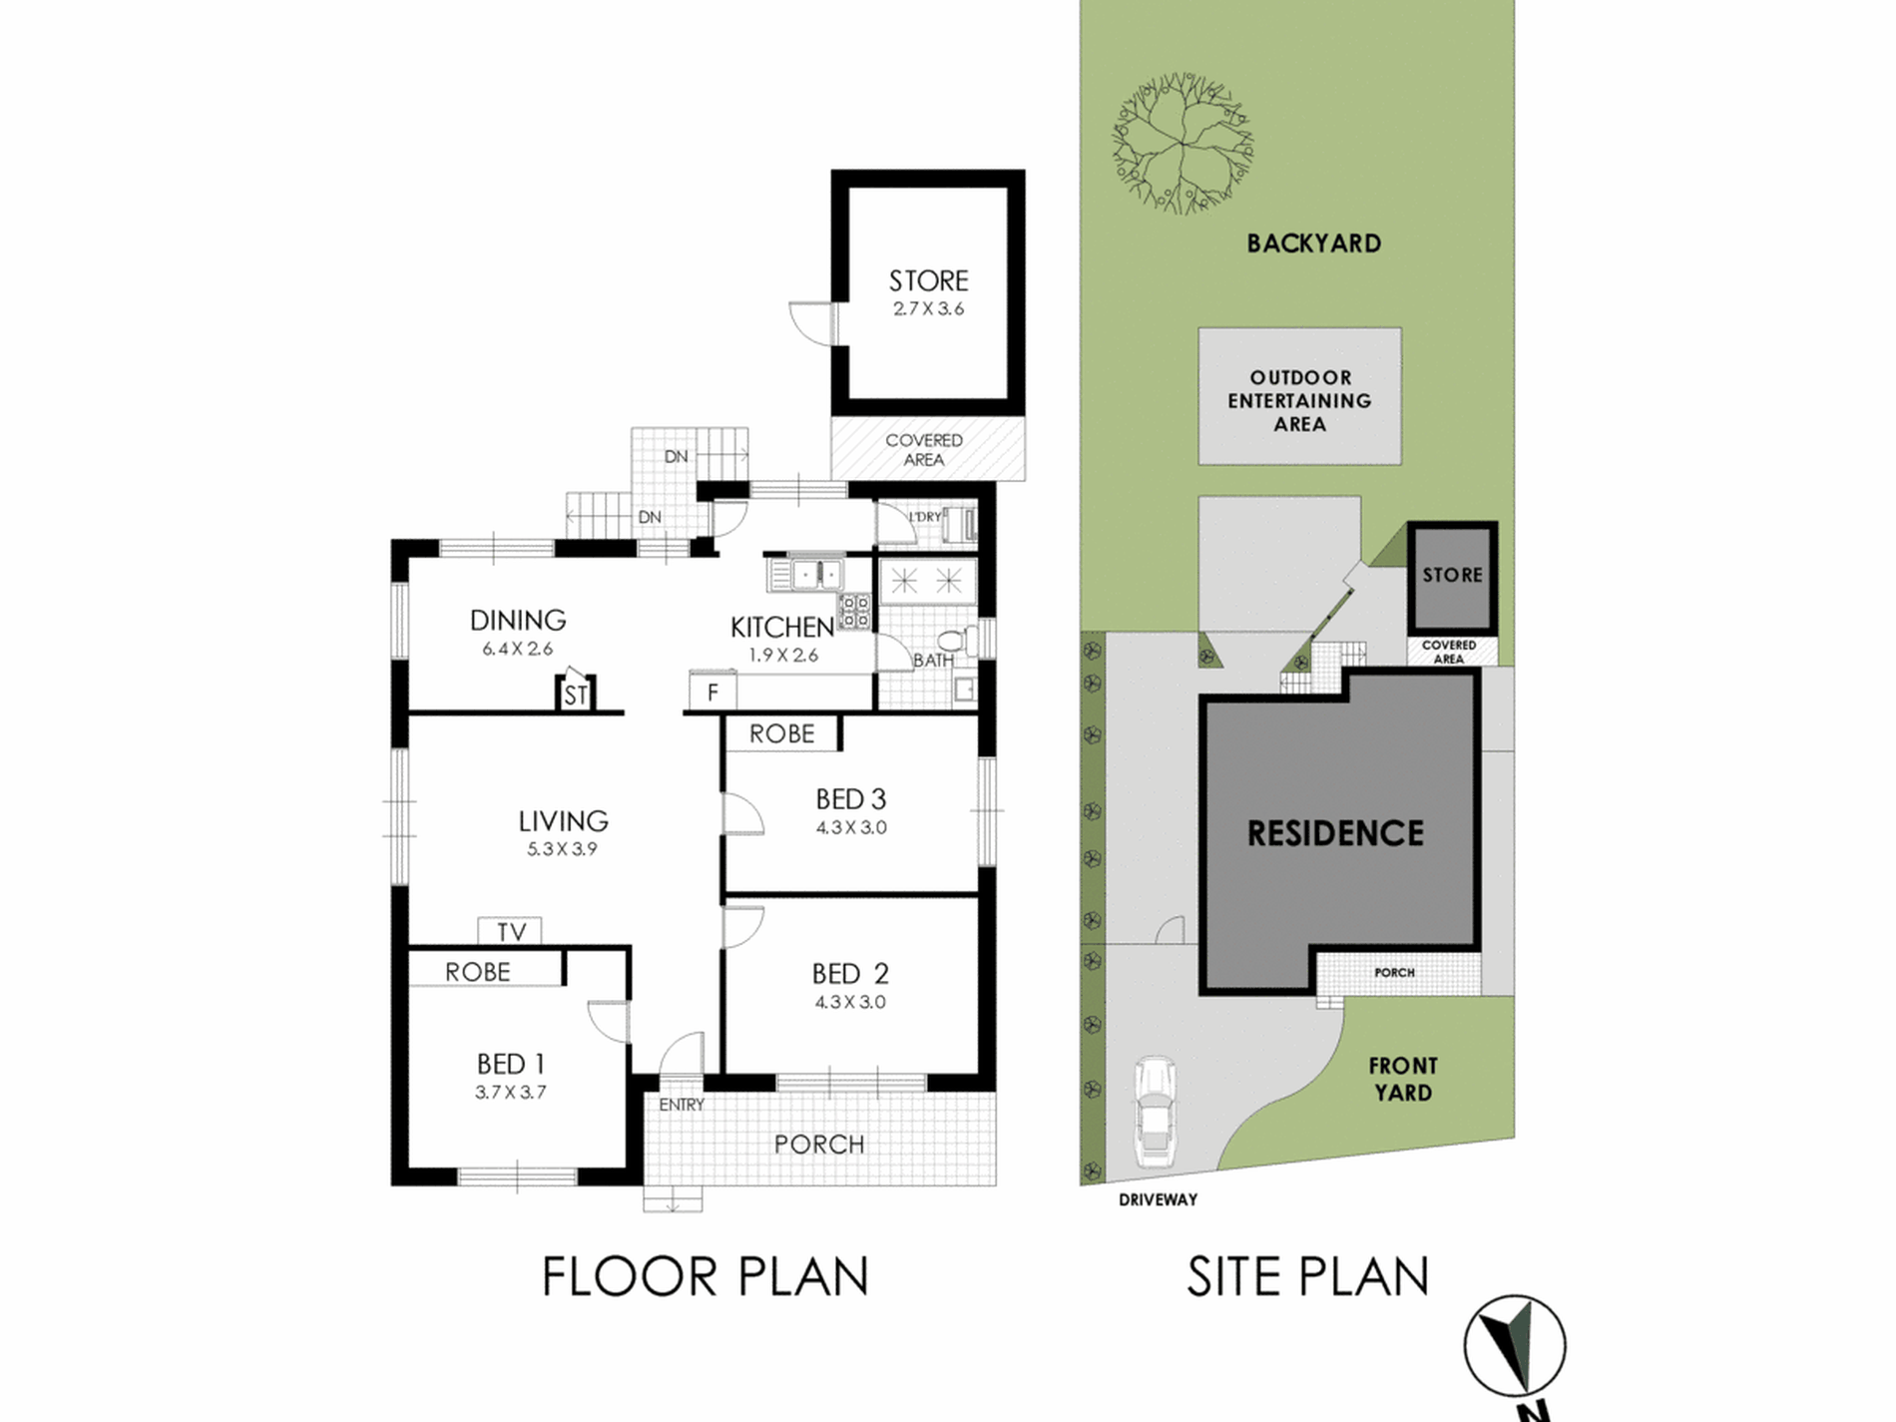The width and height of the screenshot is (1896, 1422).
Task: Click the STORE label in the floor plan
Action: (x=928, y=280)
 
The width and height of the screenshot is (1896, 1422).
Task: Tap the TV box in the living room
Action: (x=510, y=931)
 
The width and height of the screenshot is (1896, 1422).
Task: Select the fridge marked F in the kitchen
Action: (x=712, y=692)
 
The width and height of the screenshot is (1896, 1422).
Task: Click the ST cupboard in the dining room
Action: (x=575, y=693)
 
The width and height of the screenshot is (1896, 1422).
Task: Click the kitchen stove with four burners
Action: (x=855, y=612)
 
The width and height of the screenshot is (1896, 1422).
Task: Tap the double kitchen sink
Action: (x=817, y=575)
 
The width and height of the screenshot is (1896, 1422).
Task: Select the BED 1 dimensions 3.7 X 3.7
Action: (x=510, y=1093)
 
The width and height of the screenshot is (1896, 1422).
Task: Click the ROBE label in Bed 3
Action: (x=781, y=733)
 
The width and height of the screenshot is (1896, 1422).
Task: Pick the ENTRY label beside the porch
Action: (x=682, y=1105)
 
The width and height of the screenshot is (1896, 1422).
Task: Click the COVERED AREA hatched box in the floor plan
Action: (x=928, y=449)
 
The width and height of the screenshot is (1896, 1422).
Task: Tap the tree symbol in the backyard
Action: (x=1183, y=143)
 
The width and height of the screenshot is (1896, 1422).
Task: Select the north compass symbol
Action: (x=1515, y=1346)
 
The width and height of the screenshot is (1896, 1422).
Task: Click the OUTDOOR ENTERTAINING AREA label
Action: (x=1299, y=400)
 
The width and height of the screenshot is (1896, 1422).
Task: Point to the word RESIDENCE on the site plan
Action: (x=1335, y=833)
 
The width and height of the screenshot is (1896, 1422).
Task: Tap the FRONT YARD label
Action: (x=1403, y=1079)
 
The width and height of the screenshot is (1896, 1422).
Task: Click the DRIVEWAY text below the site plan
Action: (x=1158, y=1199)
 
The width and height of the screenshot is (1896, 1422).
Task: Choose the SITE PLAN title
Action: (x=1307, y=1276)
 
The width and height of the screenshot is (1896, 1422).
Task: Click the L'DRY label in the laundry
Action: (x=925, y=517)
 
